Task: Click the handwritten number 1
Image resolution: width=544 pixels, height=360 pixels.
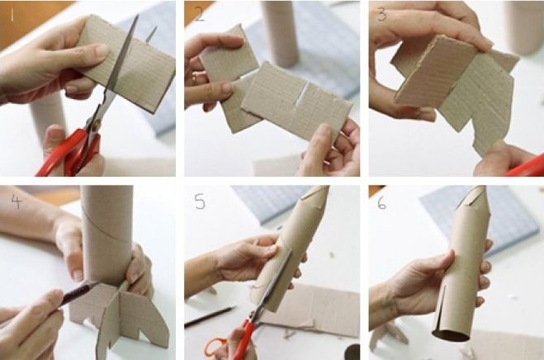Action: (12, 15)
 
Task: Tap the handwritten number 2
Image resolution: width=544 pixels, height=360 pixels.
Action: (200, 14)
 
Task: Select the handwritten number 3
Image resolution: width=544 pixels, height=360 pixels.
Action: (382, 15)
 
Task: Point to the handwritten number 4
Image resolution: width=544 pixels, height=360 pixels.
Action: (17, 201)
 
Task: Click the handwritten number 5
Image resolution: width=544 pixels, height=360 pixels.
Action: (200, 201)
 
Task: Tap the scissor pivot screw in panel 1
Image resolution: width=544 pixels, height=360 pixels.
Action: (97, 122)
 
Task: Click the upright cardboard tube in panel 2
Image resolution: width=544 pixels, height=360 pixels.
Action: (281, 33)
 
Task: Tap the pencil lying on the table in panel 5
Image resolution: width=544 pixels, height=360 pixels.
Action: (211, 316)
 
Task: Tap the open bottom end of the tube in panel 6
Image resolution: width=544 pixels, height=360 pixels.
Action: (451, 335)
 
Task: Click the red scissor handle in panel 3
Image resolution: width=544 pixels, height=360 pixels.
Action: (524, 167)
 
